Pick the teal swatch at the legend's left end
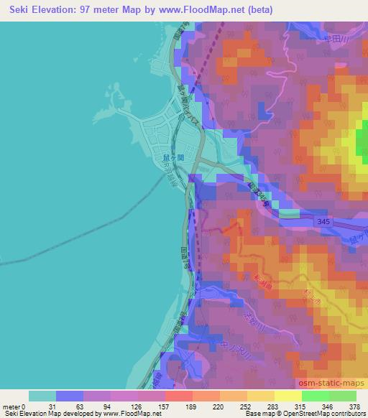pyautogui.click(x=42, y=396)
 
